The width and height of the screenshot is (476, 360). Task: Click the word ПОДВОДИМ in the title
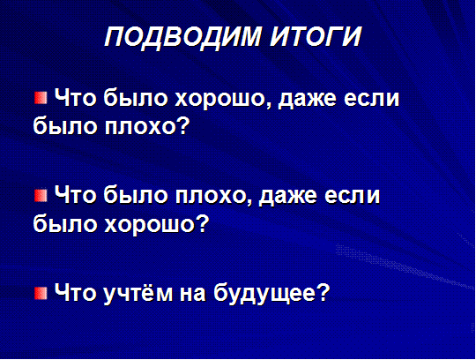pos(182,37)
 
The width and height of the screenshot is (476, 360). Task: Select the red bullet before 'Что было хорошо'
pos(41,98)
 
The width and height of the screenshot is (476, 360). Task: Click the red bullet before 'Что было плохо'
pos(41,195)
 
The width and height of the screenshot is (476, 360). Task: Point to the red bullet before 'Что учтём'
pos(41,293)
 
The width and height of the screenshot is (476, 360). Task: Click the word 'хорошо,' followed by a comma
pos(224,100)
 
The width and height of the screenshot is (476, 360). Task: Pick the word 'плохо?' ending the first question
pos(147,126)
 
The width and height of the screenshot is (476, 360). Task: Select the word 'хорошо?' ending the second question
pos(157,223)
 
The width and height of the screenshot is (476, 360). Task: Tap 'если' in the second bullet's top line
pos(352,196)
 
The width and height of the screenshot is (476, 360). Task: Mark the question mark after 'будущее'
pos(322,292)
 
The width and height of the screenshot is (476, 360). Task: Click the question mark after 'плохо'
pos(182,124)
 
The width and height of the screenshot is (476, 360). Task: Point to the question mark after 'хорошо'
pos(202,222)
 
